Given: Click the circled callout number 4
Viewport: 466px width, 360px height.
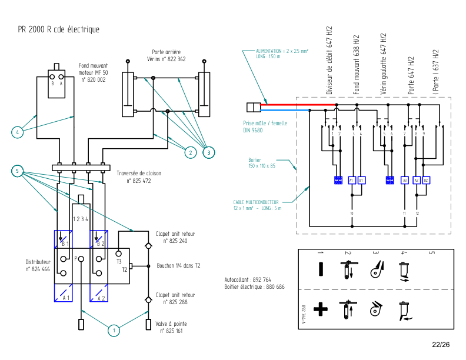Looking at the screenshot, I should point(18,132).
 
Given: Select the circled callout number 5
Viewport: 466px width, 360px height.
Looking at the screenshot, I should point(18,171).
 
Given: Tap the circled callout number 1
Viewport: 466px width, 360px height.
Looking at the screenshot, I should point(113,331).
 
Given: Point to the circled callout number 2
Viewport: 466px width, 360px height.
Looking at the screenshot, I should point(189,152).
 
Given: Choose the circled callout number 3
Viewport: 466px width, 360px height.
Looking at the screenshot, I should point(209,152).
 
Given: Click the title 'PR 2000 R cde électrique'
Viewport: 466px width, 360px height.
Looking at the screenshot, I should point(58,29).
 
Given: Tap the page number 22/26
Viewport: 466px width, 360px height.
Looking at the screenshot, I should point(441,345).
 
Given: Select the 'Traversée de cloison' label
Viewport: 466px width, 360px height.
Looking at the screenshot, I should point(139,174).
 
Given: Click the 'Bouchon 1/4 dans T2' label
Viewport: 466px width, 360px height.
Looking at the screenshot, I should point(179,265).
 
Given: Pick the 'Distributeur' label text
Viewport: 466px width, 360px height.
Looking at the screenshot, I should point(38,262).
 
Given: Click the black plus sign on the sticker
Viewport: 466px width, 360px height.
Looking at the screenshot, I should point(319,308).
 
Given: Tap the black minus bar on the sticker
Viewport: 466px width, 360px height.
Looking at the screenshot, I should point(319,269).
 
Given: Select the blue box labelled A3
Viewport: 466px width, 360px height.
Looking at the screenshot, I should point(405,180).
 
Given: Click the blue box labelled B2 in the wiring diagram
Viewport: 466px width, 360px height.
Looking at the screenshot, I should point(426,180).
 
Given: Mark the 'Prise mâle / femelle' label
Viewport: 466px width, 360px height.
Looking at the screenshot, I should point(265,124).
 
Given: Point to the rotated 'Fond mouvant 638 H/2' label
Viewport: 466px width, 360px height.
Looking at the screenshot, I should point(357,64).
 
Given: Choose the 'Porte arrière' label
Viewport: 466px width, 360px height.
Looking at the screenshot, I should point(166,52).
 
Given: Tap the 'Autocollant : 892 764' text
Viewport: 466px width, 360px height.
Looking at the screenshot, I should point(248,279).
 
